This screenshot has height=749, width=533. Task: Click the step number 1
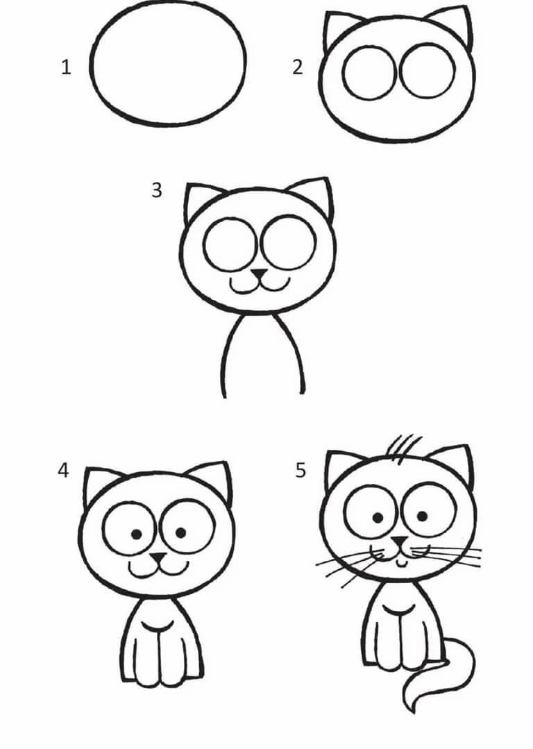click(x=67, y=67)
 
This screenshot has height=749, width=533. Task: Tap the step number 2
click(x=298, y=67)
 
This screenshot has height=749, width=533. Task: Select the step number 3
click(x=157, y=190)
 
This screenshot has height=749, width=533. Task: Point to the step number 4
click(x=63, y=471)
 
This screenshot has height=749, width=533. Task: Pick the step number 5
click(x=300, y=471)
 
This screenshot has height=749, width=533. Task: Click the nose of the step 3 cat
click(x=260, y=273)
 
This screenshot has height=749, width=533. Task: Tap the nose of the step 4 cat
click(x=158, y=557)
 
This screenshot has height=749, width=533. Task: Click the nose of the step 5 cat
click(x=399, y=541)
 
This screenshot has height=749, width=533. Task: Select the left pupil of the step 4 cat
click(x=137, y=535)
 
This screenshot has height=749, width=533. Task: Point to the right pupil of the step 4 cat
click(x=181, y=532)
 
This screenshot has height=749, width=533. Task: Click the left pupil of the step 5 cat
click(x=378, y=517)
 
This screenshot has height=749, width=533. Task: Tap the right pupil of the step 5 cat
click(x=422, y=516)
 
